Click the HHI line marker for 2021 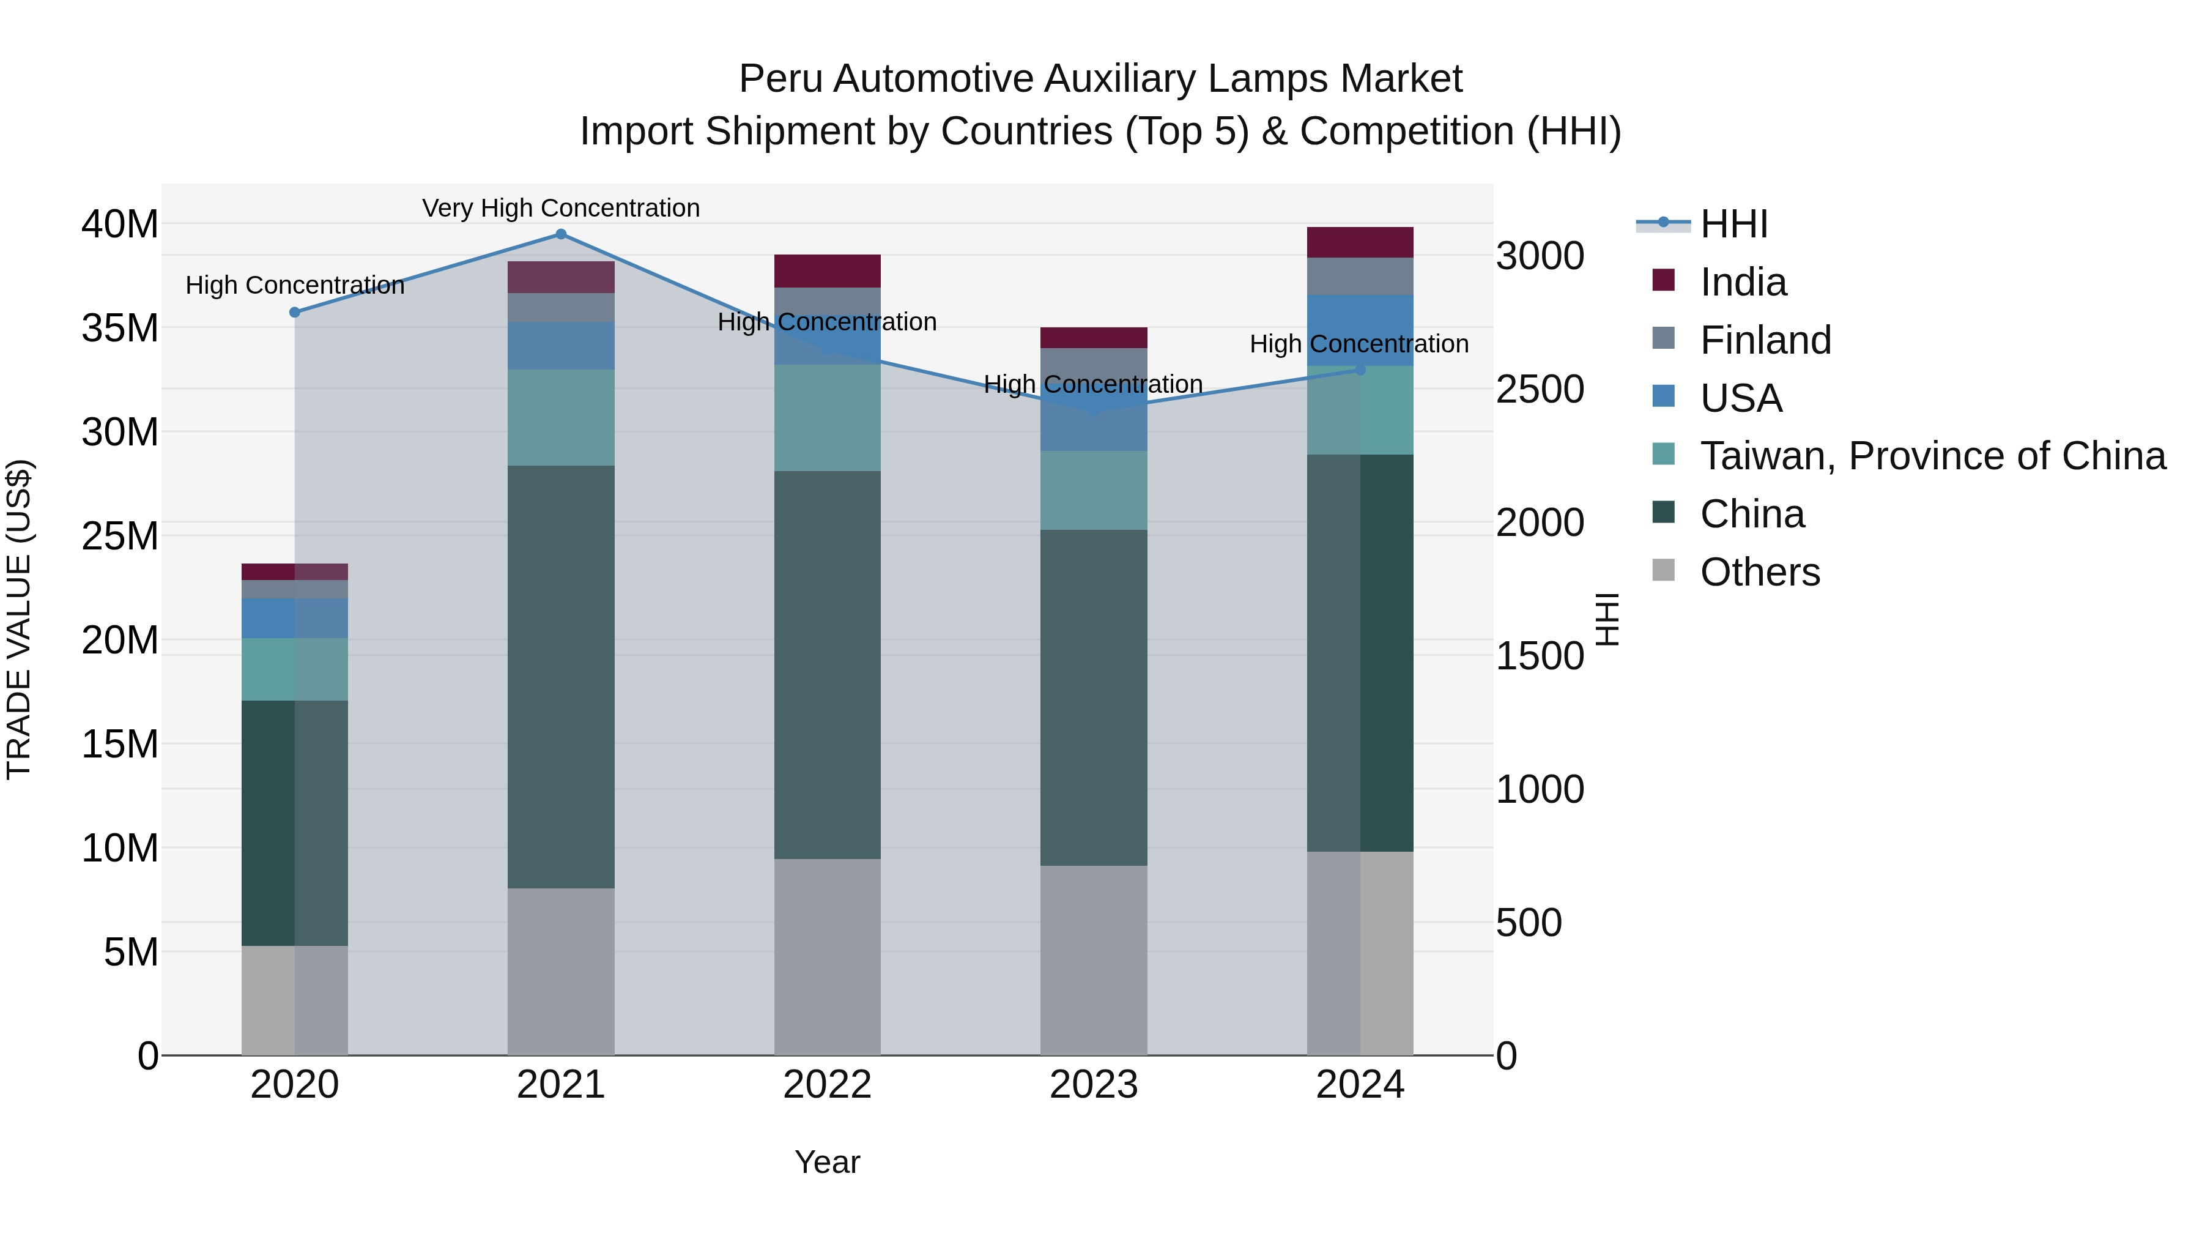(561, 234)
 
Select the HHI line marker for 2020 (295, 313)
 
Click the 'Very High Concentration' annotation (561, 208)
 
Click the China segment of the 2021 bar (561, 675)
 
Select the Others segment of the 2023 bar (1093, 959)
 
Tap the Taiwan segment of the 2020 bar (295, 669)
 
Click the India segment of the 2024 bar (1360, 242)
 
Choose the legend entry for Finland (1765, 340)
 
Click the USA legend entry (1740, 398)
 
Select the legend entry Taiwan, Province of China (1932, 456)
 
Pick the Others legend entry (1759, 572)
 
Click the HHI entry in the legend (1733, 224)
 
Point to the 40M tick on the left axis (120, 224)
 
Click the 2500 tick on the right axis (1540, 389)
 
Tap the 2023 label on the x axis (1093, 1085)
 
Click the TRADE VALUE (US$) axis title (19, 619)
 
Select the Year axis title (826, 1162)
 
